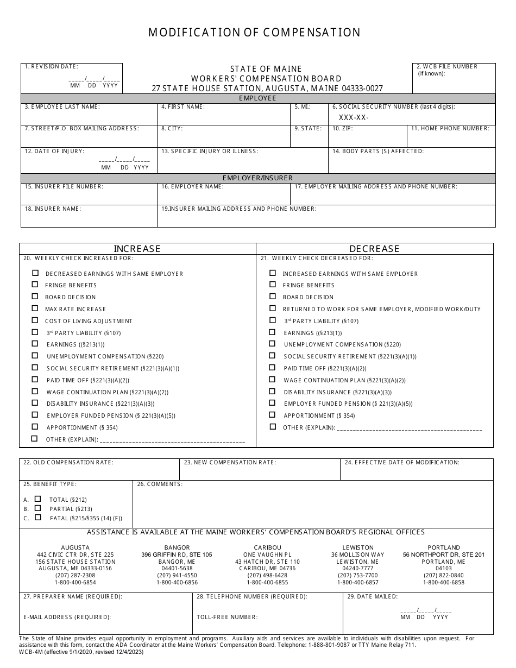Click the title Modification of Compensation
tap(254, 33)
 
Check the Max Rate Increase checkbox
tap(35, 308)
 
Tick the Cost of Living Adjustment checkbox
tap(35, 320)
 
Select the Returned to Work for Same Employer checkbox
tap(273, 308)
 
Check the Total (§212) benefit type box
tap(37, 499)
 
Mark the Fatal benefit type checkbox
tap(37, 518)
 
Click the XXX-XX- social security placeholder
tap(354, 117)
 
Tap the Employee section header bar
tap(257, 98)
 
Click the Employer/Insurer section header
tap(257, 178)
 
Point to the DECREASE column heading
tap(374, 249)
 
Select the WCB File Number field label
tap(446, 66)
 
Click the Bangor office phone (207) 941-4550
tap(177, 575)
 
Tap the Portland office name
tap(444, 547)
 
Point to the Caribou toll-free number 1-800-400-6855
tap(267, 582)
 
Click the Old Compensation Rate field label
tap(68, 462)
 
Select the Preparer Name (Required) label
tap(73, 596)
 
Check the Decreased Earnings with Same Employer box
tap(36, 273)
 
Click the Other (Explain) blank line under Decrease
tap(410, 428)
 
